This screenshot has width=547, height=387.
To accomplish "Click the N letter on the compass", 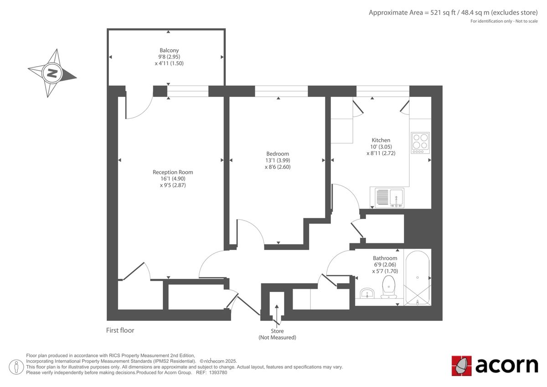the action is click(x=52, y=73).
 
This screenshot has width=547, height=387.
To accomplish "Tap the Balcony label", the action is click(x=169, y=50).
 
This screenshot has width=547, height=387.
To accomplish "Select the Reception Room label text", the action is click(x=173, y=172).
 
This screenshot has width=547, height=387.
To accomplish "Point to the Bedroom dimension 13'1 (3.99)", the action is click(x=278, y=160).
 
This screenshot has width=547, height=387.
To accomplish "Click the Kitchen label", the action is click(x=381, y=140).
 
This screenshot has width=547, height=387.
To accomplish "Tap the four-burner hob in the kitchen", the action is click(x=420, y=143).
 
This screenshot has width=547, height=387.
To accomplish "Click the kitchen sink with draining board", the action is click(x=389, y=198).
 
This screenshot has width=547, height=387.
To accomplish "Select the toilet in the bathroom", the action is click(x=389, y=287).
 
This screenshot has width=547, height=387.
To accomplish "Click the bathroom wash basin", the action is click(x=367, y=293).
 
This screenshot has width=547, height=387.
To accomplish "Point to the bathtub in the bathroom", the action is click(x=418, y=277).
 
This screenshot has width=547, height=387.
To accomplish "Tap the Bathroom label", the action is click(x=385, y=258).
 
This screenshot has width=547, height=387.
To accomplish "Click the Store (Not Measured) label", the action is click(x=277, y=334).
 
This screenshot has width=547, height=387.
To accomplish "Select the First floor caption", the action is click(x=120, y=330).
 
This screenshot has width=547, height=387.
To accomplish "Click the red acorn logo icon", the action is click(x=461, y=366).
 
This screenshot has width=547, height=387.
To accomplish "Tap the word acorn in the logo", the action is click(x=507, y=366).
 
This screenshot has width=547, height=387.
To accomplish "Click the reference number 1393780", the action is click(x=218, y=372).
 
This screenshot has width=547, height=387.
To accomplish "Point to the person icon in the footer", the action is click(x=16, y=367).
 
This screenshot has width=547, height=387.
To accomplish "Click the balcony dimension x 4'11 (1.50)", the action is click(x=169, y=63).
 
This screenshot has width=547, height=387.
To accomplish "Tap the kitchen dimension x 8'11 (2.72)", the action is click(x=381, y=153).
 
